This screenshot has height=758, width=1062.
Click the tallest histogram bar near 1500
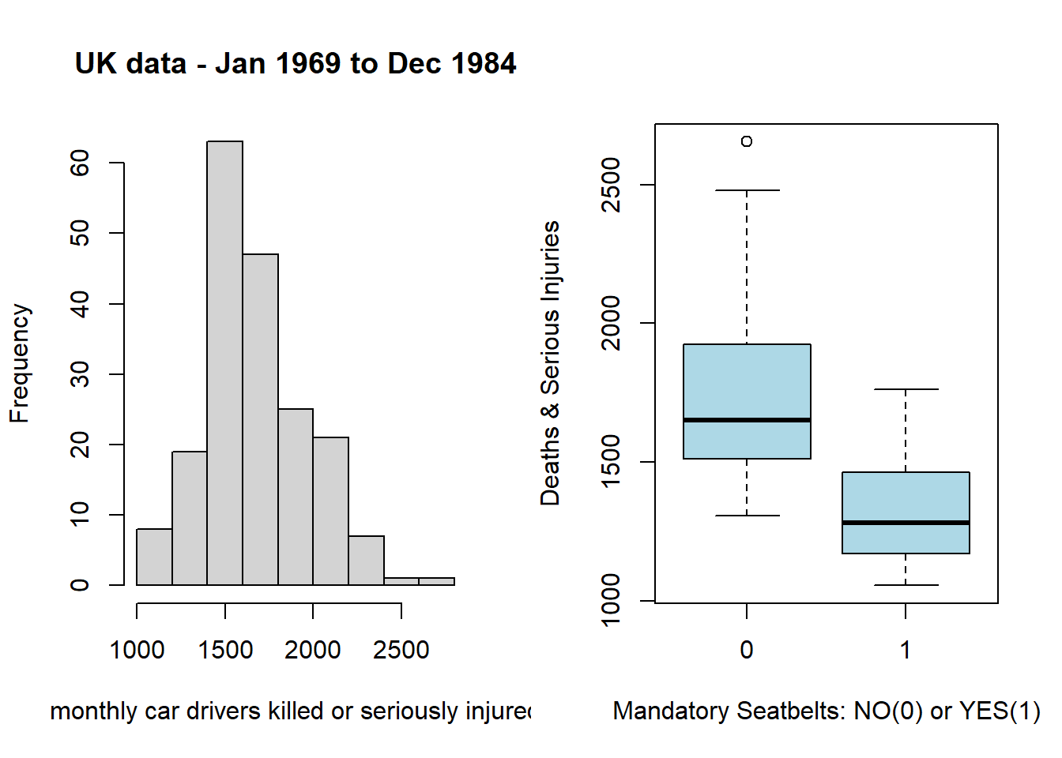[225, 363]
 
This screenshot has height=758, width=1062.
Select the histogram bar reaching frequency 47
[260, 419]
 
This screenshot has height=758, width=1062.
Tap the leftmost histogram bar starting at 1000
[154, 557]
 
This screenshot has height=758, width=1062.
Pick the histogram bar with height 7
[366, 561]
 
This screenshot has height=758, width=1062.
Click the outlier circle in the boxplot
[747, 141]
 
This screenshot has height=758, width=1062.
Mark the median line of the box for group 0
[747, 420]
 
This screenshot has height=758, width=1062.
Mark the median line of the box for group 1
[906, 523]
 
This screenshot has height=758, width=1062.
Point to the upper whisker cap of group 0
[747, 190]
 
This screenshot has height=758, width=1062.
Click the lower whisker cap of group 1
[906, 585]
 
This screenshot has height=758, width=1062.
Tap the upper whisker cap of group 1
[906, 389]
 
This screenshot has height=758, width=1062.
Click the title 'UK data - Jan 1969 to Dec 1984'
[296, 64]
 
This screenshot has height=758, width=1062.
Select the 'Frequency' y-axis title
[19, 363]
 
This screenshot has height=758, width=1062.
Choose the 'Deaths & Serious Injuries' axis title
[550, 363]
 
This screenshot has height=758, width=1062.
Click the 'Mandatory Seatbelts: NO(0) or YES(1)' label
[827, 711]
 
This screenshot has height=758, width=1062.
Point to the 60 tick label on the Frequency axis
[80, 163]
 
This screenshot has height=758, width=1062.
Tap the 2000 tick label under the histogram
[313, 650]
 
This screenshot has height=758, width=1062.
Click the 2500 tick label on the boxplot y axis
[611, 185]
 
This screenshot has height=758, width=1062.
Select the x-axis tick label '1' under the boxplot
[906, 650]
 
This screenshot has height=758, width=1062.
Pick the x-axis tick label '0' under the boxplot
[747, 650]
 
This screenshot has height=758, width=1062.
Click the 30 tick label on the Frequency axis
[80, 374]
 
